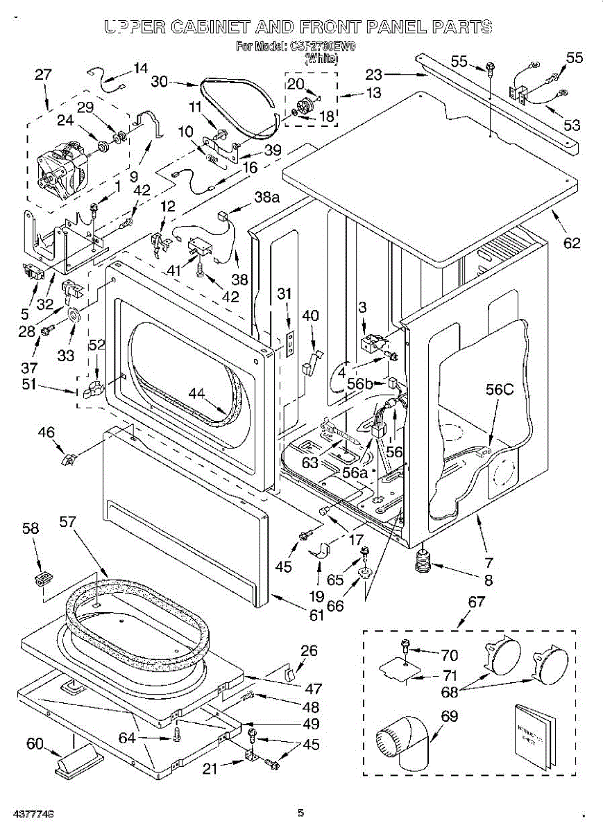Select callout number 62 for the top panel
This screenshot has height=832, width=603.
coord(572,243)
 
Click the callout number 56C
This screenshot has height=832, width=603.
coord(500,390)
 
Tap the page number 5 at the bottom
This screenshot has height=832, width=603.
coord(300,813)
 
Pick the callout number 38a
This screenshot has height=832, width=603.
coord(266,198)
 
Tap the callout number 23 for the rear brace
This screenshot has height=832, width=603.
coord(374,73)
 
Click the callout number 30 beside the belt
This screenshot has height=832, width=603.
coord(160,81)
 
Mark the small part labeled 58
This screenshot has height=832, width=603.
coord(44,577)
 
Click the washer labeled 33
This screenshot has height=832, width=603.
coord(74,318)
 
